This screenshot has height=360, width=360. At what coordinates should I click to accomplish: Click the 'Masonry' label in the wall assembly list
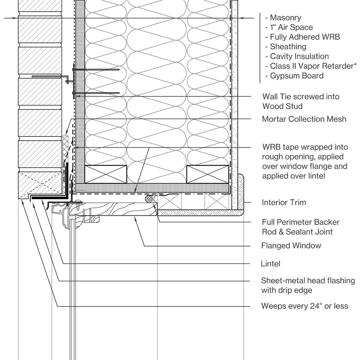pos(285,18)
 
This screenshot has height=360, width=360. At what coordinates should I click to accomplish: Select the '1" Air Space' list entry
pos(291,27)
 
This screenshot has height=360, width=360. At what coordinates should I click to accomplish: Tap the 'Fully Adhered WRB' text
pos(304,37)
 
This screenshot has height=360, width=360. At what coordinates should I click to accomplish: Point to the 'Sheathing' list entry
pos(288,46)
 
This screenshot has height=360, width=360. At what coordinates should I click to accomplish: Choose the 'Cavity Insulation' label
pos(299,56)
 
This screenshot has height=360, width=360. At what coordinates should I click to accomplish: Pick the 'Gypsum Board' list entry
pos(296,76)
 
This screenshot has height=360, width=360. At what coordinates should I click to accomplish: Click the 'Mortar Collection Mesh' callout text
pos(304,119)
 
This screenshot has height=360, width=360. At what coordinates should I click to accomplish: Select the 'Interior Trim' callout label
pos(284,202)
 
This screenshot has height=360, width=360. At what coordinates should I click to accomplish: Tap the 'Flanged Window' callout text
pos(291,246)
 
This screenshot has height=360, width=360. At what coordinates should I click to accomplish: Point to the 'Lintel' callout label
pos(271,264)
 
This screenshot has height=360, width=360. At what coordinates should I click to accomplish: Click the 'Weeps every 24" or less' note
pos(304,306)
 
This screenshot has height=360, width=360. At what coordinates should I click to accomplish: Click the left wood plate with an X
pos(105,174)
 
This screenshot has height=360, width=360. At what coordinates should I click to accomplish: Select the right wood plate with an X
pos(207,174)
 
